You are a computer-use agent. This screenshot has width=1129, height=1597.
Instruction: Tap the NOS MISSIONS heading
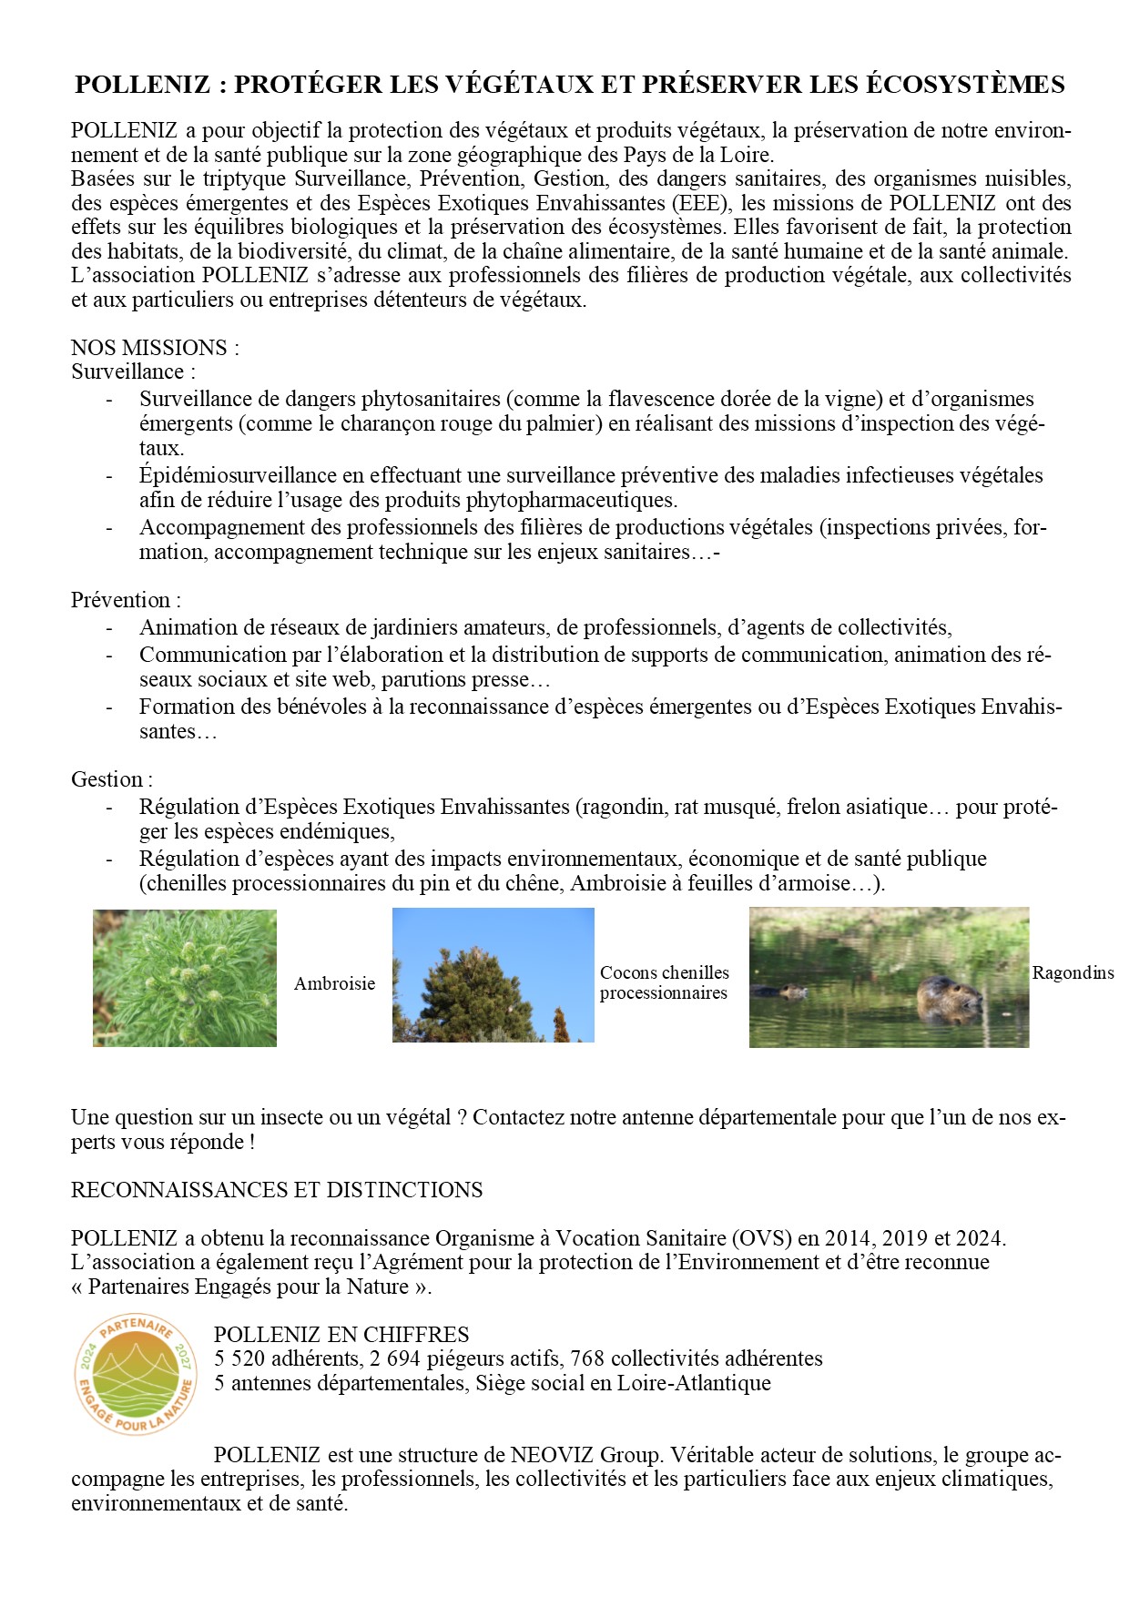pos(155,348)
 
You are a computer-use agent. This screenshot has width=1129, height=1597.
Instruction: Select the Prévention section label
pos(126,600)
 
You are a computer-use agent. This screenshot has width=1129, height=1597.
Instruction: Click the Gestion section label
pos(111,779)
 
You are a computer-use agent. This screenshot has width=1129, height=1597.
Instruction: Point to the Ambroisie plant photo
pos(185,978)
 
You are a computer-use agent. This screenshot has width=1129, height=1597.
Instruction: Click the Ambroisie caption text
pos(334,983)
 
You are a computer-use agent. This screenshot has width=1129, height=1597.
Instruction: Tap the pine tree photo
pos(493,975)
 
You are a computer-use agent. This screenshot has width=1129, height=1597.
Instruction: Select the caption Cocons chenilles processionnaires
pos(664,982)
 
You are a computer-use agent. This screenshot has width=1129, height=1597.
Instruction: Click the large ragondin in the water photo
pos(949,999)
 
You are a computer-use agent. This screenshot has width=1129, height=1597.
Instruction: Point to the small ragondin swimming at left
pos(789,991)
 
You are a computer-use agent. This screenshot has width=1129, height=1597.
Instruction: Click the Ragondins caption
pos(1073,972)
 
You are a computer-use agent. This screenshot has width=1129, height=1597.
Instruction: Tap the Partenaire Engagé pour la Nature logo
pos(136,1374)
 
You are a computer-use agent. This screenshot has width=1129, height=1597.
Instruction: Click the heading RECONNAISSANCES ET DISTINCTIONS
pos(277,1190)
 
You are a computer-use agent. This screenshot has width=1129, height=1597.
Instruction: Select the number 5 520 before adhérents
pos(240,1358)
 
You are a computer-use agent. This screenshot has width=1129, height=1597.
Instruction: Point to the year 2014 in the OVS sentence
pos(849,1238)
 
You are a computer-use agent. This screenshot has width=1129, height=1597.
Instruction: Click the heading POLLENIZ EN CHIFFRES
pos(341,1335)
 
